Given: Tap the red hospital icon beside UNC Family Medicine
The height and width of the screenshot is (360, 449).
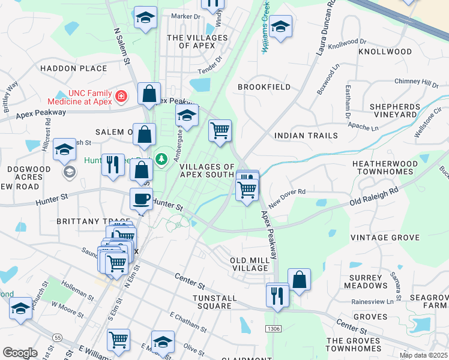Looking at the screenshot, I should click(x=121, y=95).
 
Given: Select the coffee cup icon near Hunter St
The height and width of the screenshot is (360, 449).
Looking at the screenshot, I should click(x=141, y=199).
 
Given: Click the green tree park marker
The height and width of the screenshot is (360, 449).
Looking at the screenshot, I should click(x=161, y=159).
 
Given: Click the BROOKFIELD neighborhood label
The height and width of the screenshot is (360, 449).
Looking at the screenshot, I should click(x=264, y=87).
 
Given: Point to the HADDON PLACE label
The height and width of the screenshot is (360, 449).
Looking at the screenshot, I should click(x=74, y=68).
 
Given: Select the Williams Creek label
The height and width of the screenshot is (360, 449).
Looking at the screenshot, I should click(x=265, y=27).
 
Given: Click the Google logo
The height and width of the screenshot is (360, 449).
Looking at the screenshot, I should click(x=20, y=353).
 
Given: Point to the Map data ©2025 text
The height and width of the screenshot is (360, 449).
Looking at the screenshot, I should click(x=423, y=355).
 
